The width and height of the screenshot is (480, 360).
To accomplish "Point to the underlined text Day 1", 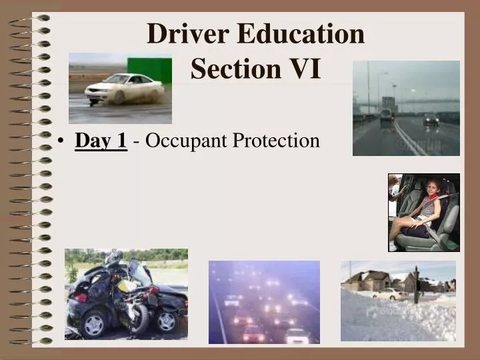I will [101, 141].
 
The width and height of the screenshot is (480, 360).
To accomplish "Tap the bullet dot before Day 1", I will [61, 141].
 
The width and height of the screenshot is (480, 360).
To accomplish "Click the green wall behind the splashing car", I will [148, 67].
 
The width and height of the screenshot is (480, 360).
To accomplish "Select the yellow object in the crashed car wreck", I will [124, 285].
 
